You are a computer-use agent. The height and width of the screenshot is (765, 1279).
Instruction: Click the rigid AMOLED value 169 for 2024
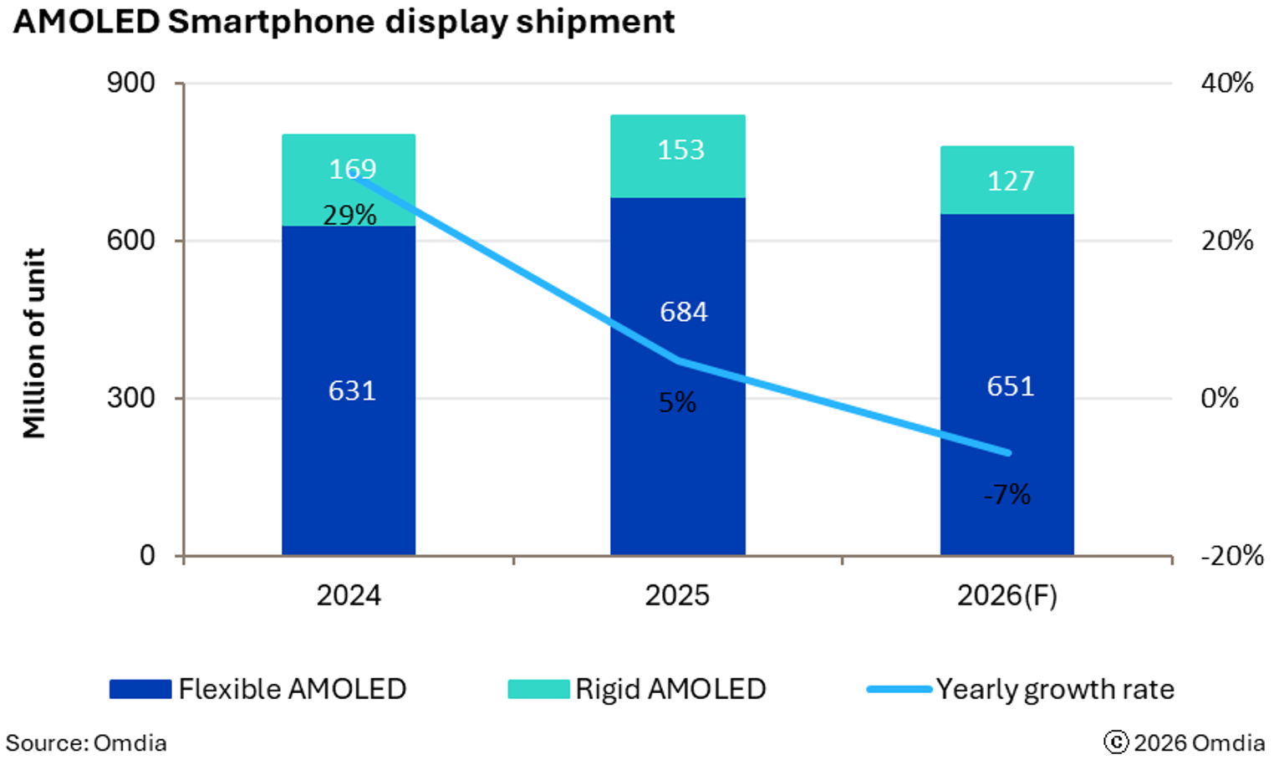pyautogui.click(x=352, y=169)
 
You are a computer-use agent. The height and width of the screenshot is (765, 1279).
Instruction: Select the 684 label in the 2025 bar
pyautogui.click(x=683, y=312)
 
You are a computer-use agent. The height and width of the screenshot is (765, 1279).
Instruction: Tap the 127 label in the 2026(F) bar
pyautogui.click(x=1010, y=181)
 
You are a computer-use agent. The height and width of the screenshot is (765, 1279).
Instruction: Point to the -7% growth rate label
pyautogui.click(x=1006, y=494)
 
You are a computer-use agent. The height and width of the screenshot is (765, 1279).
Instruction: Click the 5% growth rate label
pyautogui.click(x=677, y=402)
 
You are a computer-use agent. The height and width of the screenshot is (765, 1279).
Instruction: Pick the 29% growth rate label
pyautogui.click(x=349, y=215)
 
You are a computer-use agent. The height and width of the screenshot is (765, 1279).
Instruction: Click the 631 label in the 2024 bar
pyautogui.click(x=352, y=390)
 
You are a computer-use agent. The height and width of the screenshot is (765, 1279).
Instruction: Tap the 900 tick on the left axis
pyautogui.click(x=130, y=83)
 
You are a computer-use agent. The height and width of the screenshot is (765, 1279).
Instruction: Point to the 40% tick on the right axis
pyautogui.click(x=1226, y=83)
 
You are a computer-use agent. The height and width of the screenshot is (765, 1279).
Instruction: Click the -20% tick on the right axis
pyautogui.click(x=1231, y=555)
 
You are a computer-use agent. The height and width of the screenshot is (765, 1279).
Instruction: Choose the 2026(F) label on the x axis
pyautogui.click(x=1006, y=595)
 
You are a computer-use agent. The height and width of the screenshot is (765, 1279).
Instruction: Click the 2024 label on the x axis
pyautogui.click(x=349, y=595)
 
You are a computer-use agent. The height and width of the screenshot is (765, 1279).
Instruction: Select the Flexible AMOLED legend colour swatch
pyautogui.click(x=140, y=689)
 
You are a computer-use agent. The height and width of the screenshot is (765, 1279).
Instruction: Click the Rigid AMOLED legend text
pyautogui.click(x=670, y=689)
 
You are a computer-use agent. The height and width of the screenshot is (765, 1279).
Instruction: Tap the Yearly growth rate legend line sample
pyautogui.click(x=899, y=689)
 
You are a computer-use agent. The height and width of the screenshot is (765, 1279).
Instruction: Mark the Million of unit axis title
pyautogui.click(x=33, y=343)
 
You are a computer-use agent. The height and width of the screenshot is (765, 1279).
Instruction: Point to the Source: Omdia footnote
pyautogui.click(x=86, y=742)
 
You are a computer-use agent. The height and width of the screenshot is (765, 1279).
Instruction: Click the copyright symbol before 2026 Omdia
pyautogui.click(x=1115, y=742)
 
